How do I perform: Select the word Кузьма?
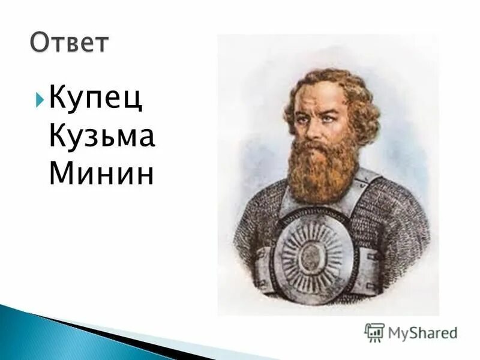pos(103,137)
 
